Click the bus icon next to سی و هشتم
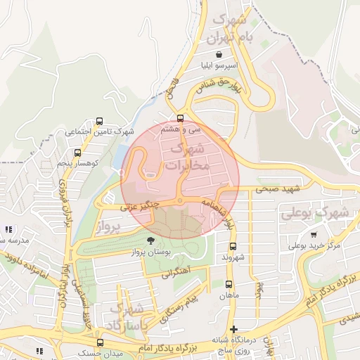181,118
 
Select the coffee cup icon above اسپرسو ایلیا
219,55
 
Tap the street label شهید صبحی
279,189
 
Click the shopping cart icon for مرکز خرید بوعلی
313,235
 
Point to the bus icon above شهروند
234,246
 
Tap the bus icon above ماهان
229,285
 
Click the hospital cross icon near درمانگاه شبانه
233,328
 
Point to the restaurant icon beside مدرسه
8,229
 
